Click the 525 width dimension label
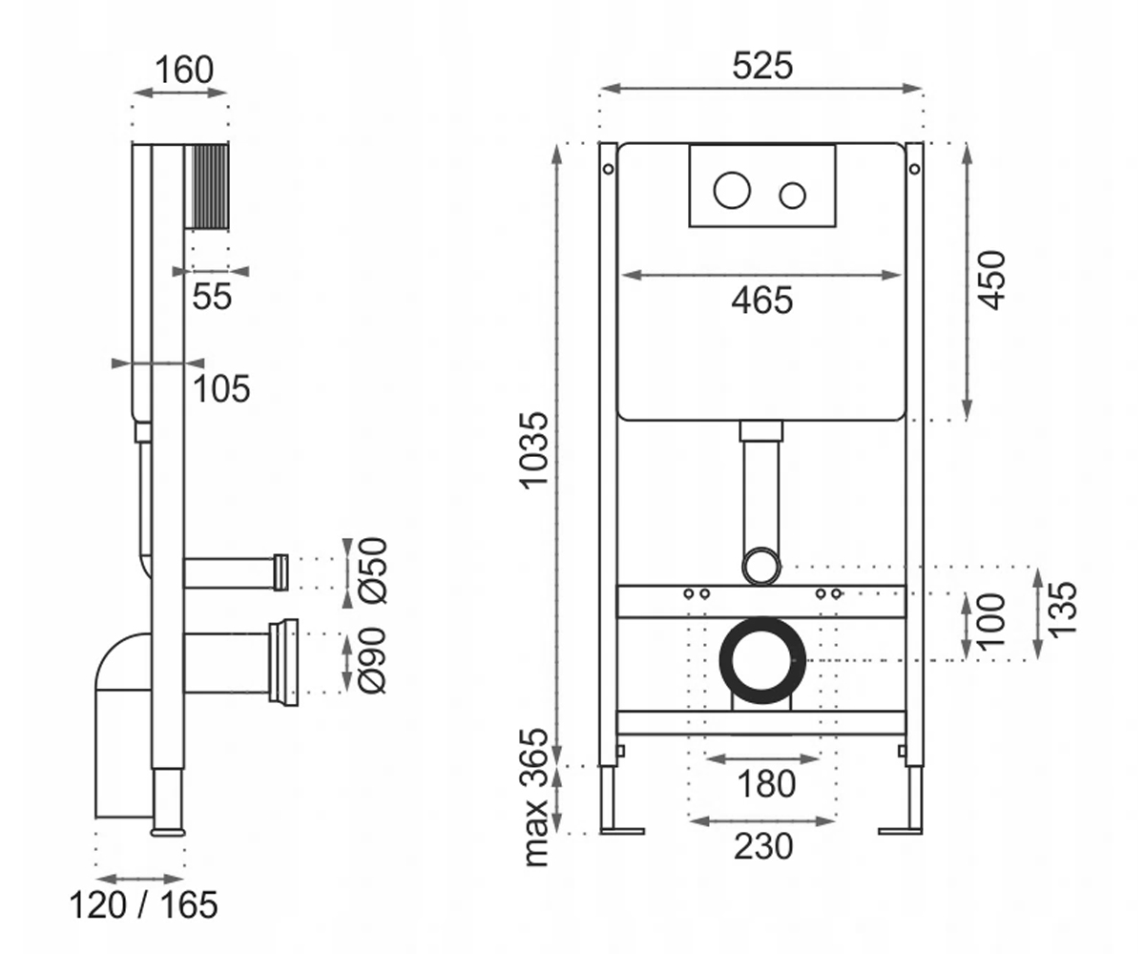click(x=762, y=67)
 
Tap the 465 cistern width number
click(x=761, y=301)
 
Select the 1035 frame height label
click(x=534, y=449)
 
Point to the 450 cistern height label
click(x=991, y=280)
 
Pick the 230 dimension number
click(x=762, y=846)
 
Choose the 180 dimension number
click(x=766, y=784)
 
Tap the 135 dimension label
click(x=1062, y=610)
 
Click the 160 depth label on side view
click(x=184, y=71)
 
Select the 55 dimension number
click(x=212, y=297)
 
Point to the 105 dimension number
click(x=221, y=388)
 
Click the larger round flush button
click(x=732, y=190)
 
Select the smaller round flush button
click(x=792, y=196)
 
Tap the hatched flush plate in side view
click(x=206, y=186)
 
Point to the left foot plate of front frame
click(x=621, y=831)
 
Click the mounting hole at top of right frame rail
click(x=914, y=169)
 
